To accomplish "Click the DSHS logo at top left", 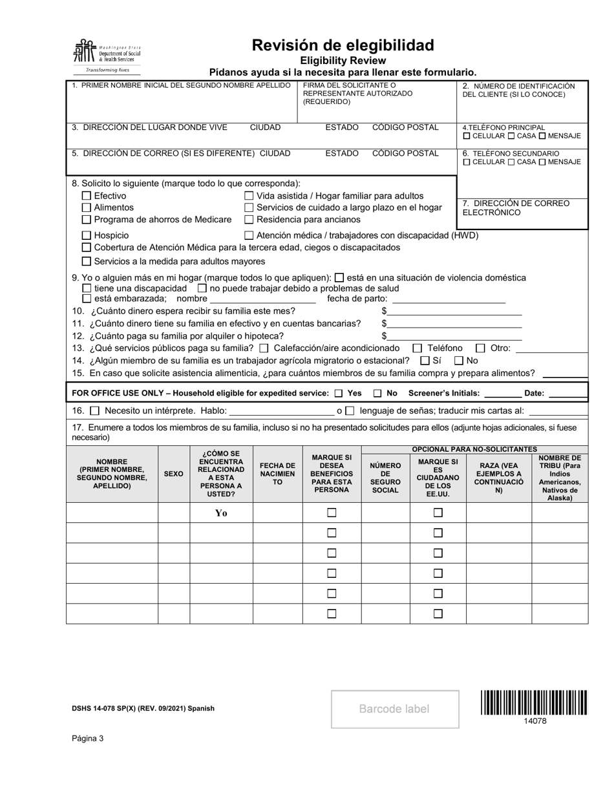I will (107, 56).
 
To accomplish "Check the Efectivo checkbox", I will (87, 196).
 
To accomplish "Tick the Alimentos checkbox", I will (87, 207).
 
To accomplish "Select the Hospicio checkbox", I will (87, 235).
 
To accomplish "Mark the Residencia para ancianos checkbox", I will (249, 219).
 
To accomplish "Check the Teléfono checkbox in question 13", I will (418, 348).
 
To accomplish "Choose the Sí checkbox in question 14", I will (425, 360).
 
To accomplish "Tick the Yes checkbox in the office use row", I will (339, 393).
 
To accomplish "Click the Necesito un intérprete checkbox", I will (94, 410).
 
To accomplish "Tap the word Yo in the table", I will (221, 513).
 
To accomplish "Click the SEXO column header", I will (173, 474).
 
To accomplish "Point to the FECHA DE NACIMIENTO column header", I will (277, 474).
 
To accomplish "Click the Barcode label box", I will (395, 709).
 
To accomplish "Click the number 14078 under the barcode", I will (535, 721).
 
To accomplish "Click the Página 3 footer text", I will (88, 739).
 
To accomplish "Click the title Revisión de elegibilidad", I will (343, 45).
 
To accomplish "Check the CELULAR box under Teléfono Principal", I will (467, 136).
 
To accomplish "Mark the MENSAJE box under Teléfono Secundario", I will (542, 162).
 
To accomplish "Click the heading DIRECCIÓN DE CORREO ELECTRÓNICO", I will (516, 207).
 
